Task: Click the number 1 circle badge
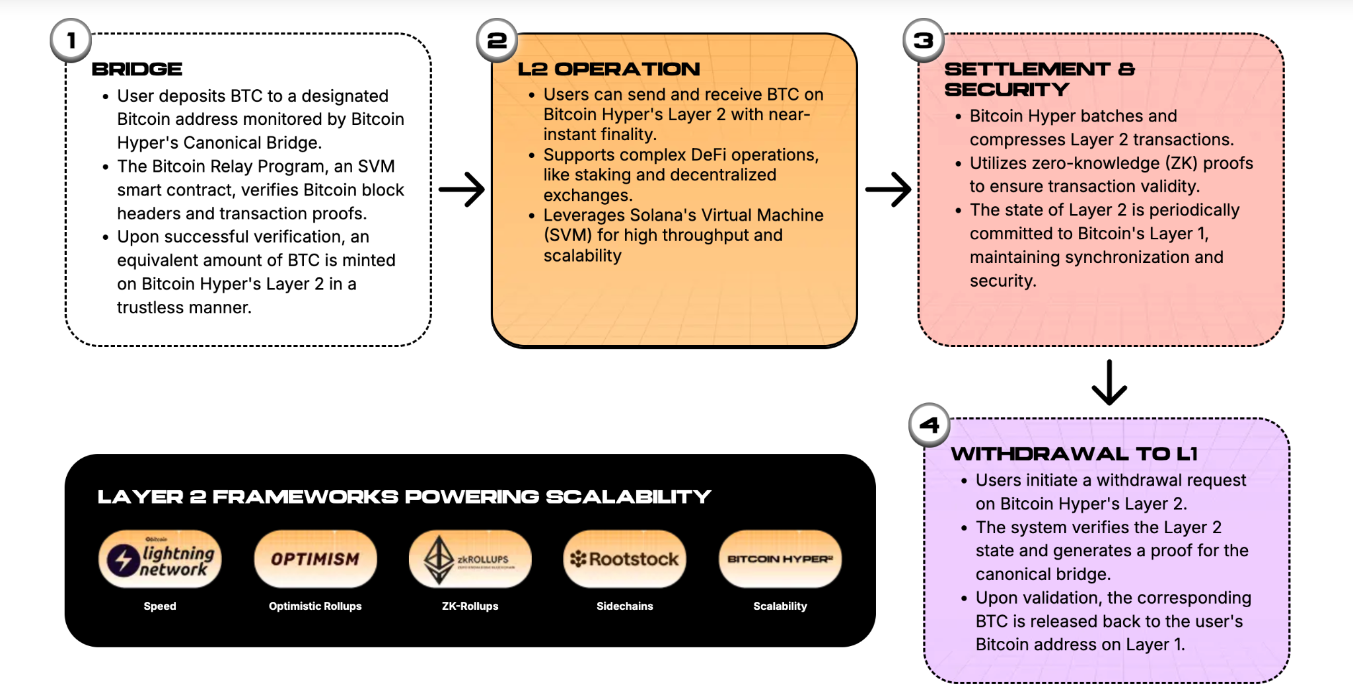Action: click(x=71, y=40)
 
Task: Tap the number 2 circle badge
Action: click(x=497, y=40)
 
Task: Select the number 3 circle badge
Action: click(x=923, y=40)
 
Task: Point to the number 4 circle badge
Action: click(x=930, y=425)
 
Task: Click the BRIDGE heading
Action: click(x=137, y=69)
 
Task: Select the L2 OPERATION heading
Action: click(x=608, y=69)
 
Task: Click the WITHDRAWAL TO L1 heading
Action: click(x=1074, y=454)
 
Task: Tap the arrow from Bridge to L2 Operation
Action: click(x=462, y=190)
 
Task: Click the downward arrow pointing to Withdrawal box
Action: click(x=1109, y=382)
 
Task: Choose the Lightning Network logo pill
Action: click(x=160, y=559)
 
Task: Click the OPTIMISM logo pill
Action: click(x=315, y=559)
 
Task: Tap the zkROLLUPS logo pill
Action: click(x=470, y=559)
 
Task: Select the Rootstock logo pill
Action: click(x=624, y=559)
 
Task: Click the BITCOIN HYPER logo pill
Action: click(x=780, y=559)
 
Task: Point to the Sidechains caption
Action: click(x=624, y=606)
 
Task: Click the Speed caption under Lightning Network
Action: click(x=160, y=606)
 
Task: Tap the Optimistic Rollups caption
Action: click(x=315, y=606)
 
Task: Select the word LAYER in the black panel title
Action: click(x=140, y=497)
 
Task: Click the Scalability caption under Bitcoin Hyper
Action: click(x=780, y=606)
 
